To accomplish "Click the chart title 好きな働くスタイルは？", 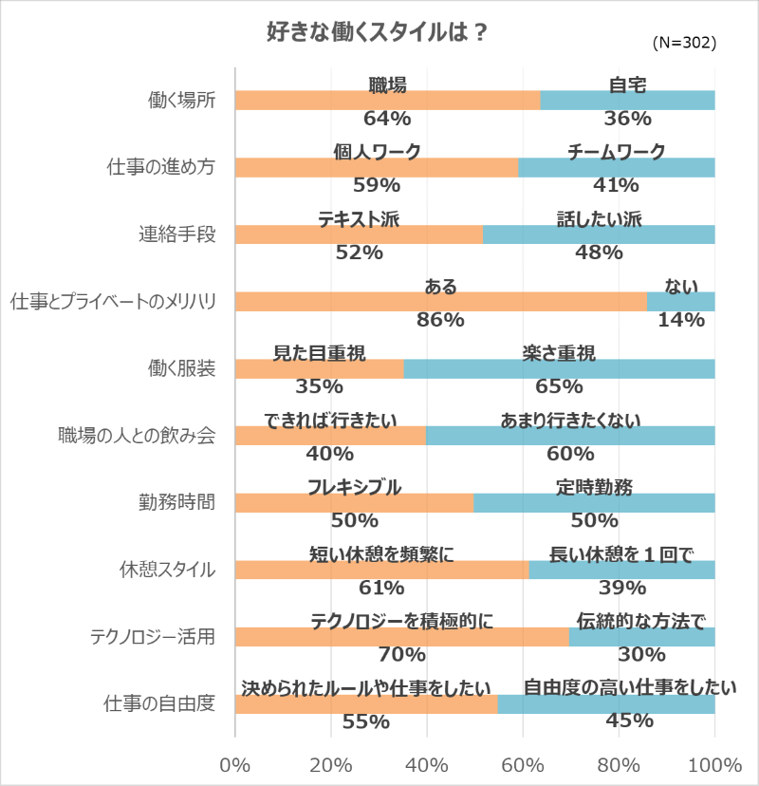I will point(377,31).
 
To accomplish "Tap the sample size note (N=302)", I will point(684,44).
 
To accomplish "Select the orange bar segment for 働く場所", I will point(387,101).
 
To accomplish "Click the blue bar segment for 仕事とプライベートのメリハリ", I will point(680,302).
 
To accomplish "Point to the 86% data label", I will point(440,320).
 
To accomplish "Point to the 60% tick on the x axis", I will point(523,766).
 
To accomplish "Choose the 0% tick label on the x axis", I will point(234,766).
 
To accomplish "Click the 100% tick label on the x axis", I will point(714,766).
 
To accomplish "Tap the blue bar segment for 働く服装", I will point(559,369).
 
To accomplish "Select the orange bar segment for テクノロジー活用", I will point(401,637).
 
